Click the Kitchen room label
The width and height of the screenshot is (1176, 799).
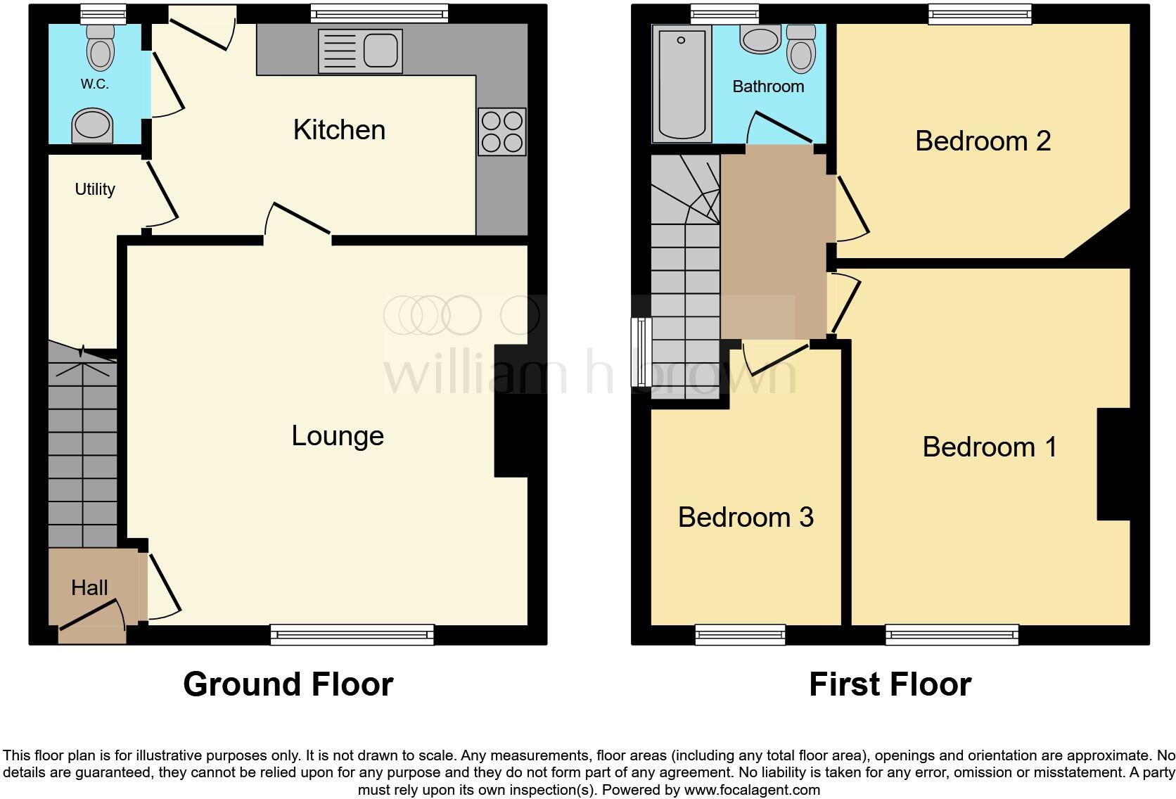coord(339,129)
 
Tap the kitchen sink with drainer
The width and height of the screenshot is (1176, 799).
coord(361,51)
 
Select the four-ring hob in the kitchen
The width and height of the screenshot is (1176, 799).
coord(502,132)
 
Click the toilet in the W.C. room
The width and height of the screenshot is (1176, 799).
coord(101,47)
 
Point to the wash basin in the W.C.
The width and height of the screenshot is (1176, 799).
coord(92,125)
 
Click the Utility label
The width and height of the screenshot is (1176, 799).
coord(95,189)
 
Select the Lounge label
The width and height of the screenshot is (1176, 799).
coord(338,436)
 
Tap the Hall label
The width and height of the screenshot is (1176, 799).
coord(89,587)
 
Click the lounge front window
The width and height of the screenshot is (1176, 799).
coord(352,634)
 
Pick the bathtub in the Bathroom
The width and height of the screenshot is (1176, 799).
coord(682,84)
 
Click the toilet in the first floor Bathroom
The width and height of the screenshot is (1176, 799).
coord(801,49)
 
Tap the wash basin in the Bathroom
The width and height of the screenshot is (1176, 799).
coord(760,39)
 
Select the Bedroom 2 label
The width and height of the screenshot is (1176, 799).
coord(983,141)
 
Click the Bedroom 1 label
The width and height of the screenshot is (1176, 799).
coord(990,447)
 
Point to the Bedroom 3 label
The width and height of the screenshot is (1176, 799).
coord(746,518)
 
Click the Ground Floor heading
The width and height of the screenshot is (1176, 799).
coord(288,684)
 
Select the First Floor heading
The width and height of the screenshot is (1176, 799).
coord(890,684)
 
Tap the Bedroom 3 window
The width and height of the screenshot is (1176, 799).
coord(740,634)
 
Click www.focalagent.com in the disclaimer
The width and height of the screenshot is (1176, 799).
coord(752,790)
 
